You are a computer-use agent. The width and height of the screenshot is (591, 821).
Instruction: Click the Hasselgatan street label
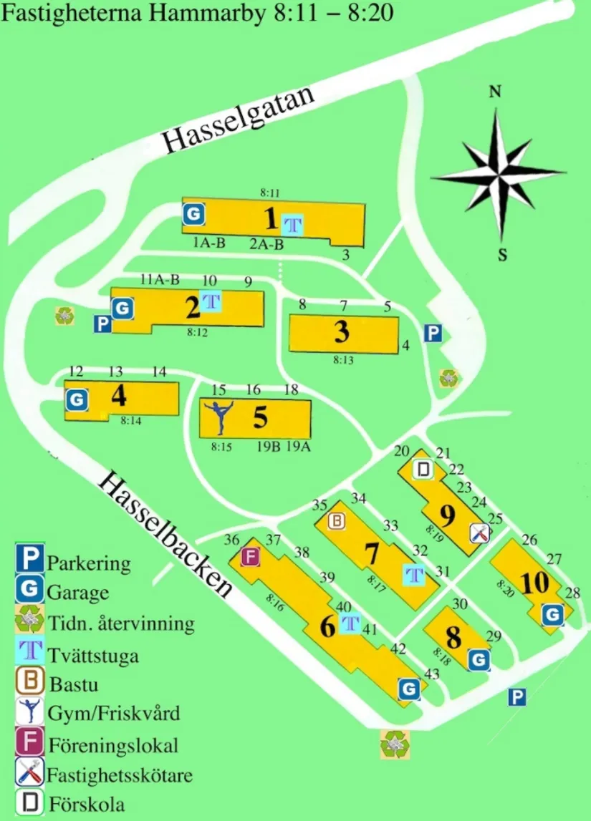coord(239,120)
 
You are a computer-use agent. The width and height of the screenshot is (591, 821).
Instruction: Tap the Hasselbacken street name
coord(167,533)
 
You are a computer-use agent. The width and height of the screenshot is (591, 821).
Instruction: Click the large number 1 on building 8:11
coord(270,217)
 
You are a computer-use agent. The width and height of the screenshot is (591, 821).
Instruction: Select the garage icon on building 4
coord(77,399)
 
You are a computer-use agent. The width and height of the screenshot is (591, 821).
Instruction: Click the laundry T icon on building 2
coord(211,301)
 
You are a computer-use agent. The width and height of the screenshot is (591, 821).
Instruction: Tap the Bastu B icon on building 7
coord(336,522)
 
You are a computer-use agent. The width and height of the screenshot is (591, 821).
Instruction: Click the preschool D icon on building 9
coord(424,470)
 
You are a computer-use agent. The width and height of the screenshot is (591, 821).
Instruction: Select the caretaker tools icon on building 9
coord(479,533)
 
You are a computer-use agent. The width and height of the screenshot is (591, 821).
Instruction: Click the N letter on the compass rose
coord(494,92)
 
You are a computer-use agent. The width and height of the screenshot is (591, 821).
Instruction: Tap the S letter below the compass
coord(503,255)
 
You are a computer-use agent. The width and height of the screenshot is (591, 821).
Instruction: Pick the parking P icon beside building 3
coord(432,333)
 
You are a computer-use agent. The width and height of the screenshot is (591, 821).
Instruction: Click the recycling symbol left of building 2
coord(66,316)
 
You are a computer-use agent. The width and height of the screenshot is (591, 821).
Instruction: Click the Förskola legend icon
coord(30,803)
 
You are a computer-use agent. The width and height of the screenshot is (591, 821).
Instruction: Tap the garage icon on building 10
coord(552,614)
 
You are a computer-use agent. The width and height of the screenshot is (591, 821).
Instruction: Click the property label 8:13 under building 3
coord(343,360)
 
